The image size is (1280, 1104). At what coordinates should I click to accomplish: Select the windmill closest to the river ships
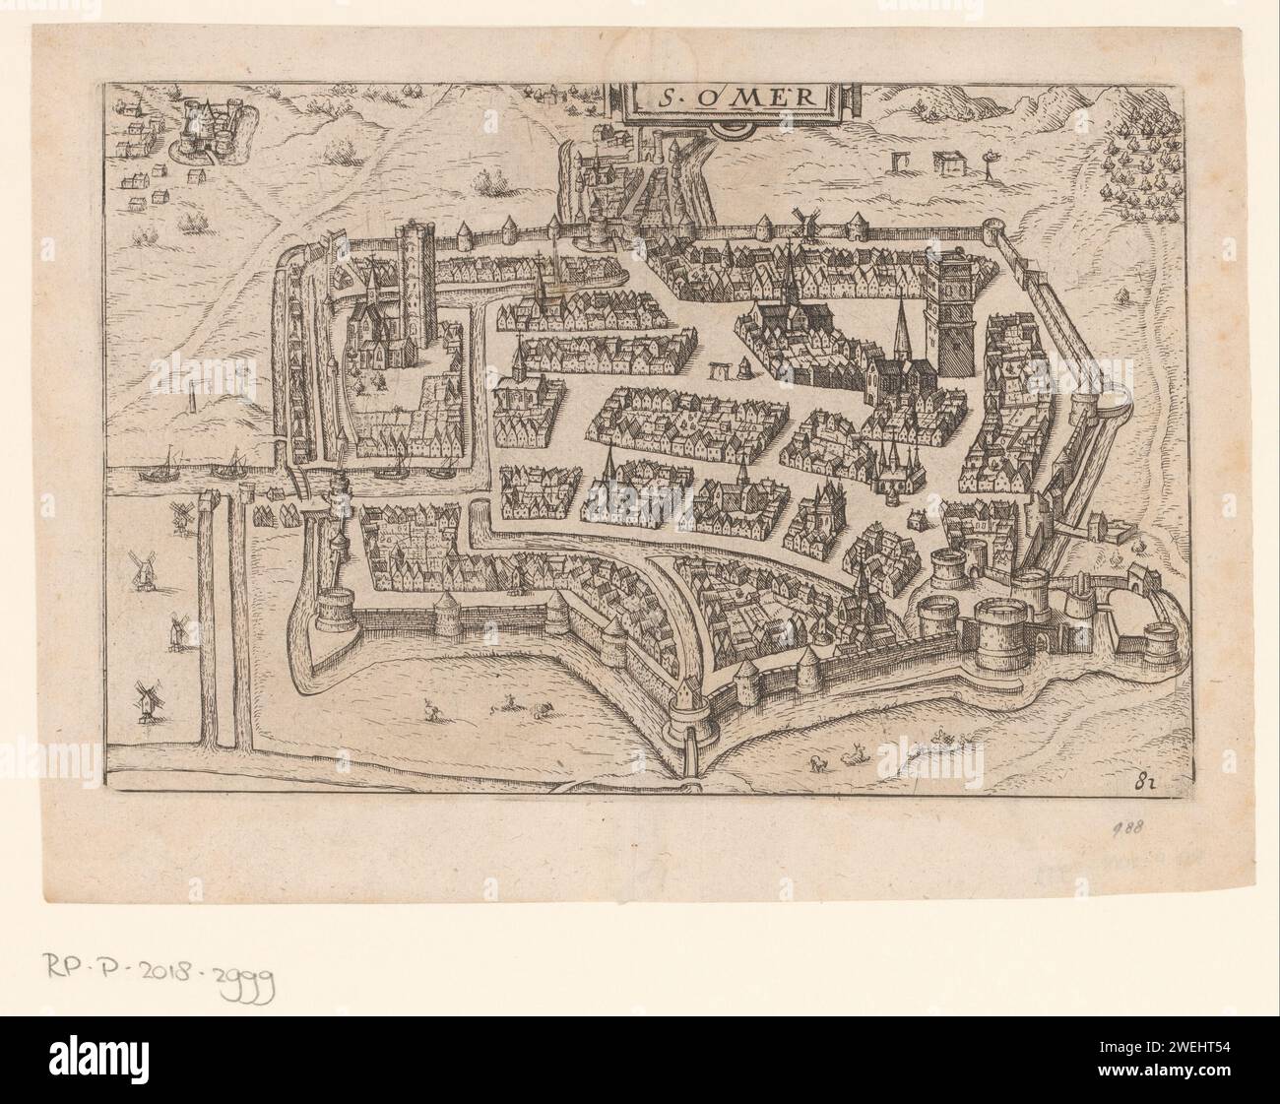pos(182,515)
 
